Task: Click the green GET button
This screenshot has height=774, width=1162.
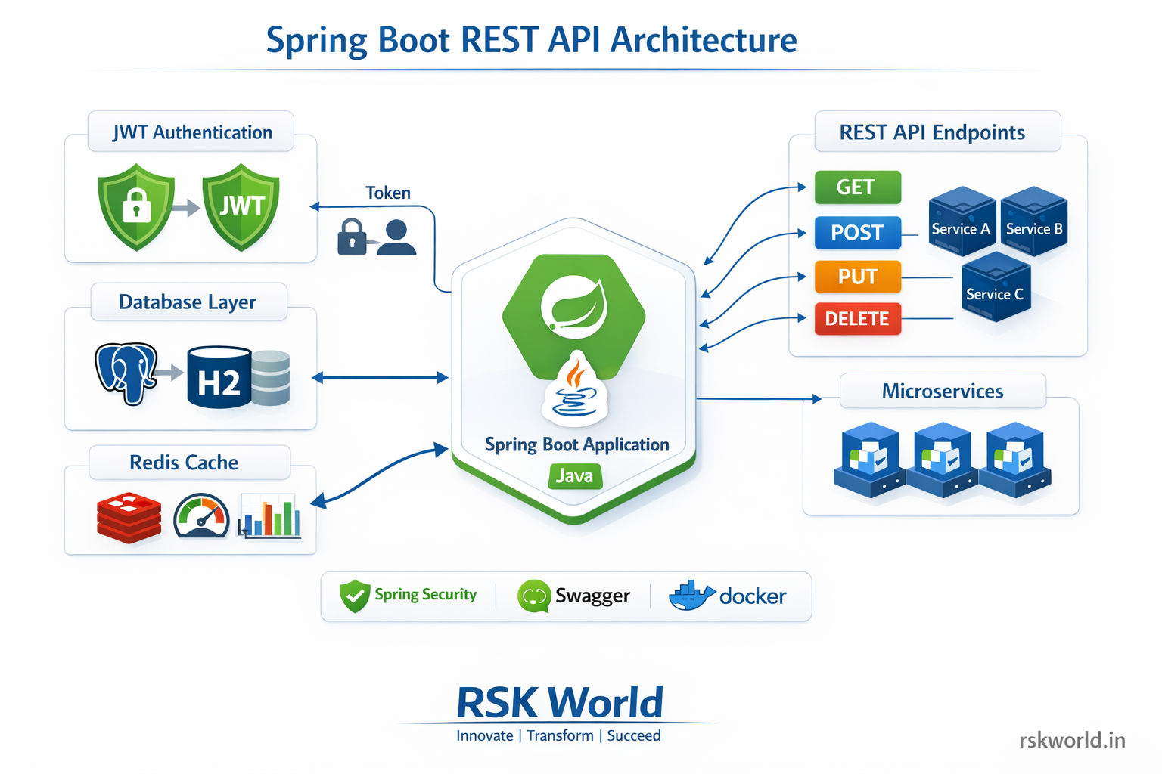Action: tap(857, 187)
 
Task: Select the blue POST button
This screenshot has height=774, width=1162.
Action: tap(857, 233)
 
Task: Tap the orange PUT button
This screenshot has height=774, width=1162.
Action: tap(857, 277)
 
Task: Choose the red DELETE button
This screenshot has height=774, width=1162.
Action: tap(857, 319)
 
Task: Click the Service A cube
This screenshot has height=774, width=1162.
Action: tap(961, 221)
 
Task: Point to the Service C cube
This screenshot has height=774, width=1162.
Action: tap(995, 287)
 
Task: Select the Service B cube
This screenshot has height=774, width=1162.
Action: tap(1033, 221)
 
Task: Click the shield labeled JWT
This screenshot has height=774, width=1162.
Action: tap(241, 206)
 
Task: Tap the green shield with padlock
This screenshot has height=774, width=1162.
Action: tap(136, 206)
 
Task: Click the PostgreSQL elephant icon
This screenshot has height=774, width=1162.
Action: tap(126, 372)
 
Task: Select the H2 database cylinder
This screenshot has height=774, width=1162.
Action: tap(219, 378)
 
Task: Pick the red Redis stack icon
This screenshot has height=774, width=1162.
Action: tap(129, 518)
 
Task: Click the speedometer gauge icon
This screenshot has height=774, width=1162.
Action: tap(201, 517)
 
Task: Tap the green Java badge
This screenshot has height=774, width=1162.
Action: tap(575, 476)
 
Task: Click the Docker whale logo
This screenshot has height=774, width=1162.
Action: tap(690, 596)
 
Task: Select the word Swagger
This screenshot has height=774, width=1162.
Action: tap(592, 596)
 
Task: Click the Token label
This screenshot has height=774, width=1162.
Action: tap(387, 193)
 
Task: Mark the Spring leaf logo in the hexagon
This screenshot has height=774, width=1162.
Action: tap(573, 306)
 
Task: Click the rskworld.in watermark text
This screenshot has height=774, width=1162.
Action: tap(1072, 740)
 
